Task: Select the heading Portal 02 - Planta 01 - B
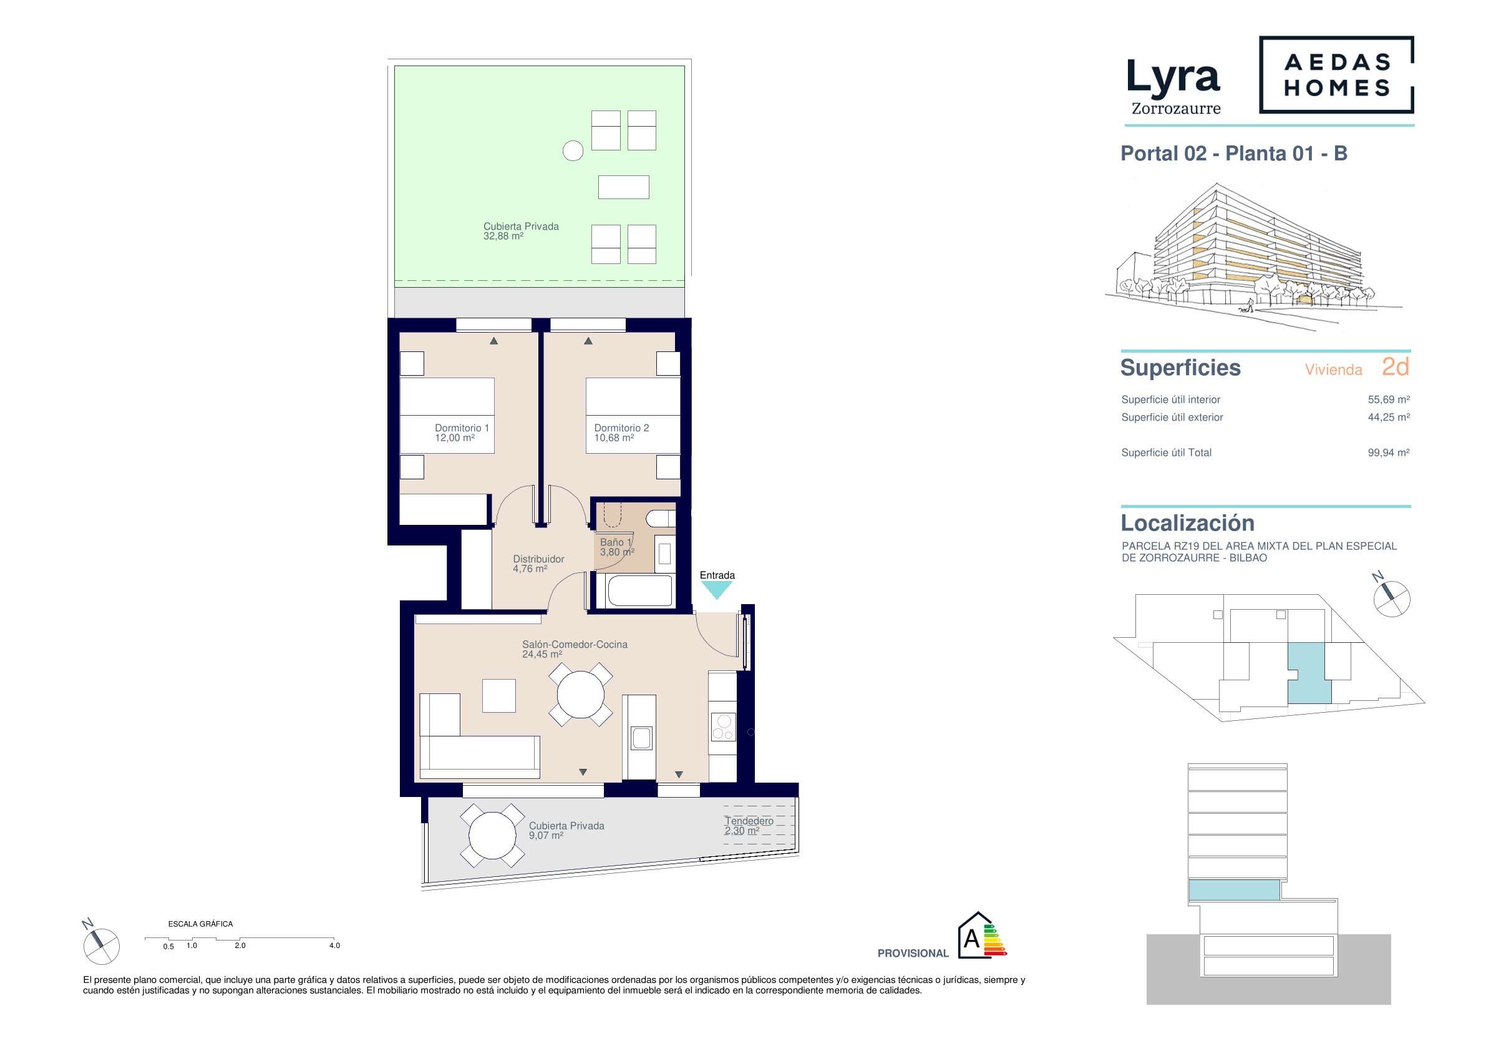(x=1233, y=154)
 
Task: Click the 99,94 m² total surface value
(x=1388, y=452)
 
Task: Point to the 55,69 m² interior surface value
(x=1388, y=399)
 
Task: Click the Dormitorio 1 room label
(x=462, y=433)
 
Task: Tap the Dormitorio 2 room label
(x=621, y=433)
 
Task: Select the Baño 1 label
(x=617, y=547)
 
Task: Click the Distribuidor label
(x=538, y=564)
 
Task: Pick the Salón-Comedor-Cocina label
(x=575, y=649)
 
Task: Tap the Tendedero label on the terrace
(x=748, y=826)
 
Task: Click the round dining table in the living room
(x=581, y=694)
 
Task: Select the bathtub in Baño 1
(x=640, y=590)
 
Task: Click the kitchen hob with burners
(x=723, y=726)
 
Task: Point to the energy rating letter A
(x=971, y=938)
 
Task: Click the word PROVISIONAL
(x=913, y=953)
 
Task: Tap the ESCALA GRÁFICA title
(x=200, y=924)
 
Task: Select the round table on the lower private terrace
(x=493, y=835)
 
